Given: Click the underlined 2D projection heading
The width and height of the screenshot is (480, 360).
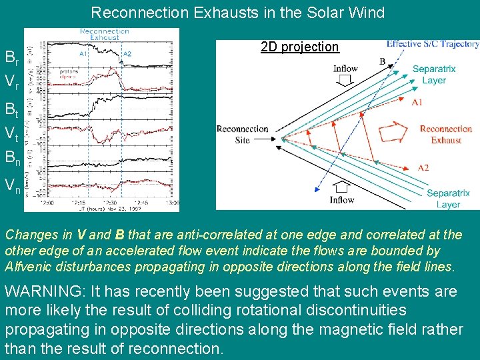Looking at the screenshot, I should point(300,47).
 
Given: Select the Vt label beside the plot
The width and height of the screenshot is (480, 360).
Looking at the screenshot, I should point(11,133).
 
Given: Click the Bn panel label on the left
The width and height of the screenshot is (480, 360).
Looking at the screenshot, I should point(12,158).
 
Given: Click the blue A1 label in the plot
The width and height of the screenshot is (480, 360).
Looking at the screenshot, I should point(83,53).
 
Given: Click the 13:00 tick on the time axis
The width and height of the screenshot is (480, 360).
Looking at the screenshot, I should point(173,202).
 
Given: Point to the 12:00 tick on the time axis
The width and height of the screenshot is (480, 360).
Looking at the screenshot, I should point(47,202).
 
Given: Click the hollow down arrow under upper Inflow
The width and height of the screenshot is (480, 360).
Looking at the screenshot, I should point(345,81).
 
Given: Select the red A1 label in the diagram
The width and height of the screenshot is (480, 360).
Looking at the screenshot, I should point(417,103).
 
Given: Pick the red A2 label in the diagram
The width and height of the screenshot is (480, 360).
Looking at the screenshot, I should point(424,167).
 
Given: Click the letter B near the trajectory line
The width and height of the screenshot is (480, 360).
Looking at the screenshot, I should point(382,62).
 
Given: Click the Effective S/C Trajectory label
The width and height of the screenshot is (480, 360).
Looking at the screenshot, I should point(433,44).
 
